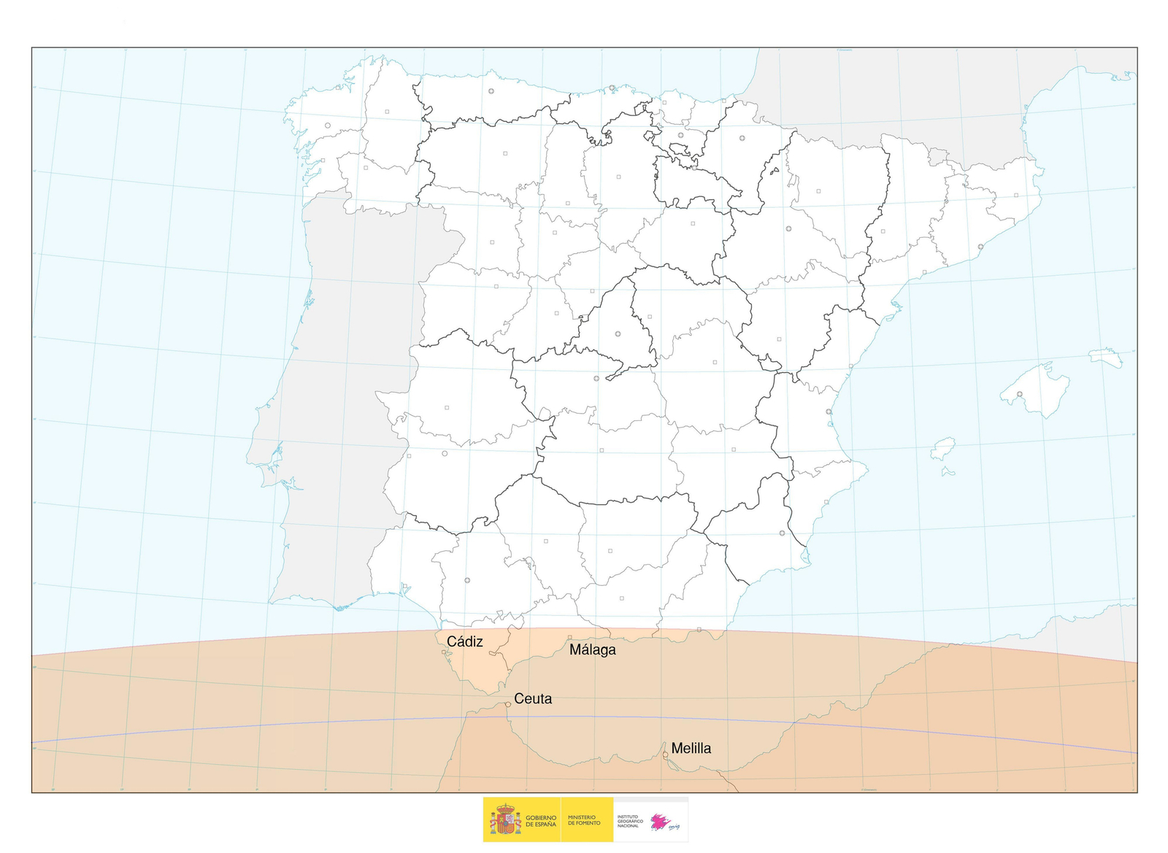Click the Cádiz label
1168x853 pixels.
[x=464, y=642]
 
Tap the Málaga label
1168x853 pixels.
[x=592, y=650]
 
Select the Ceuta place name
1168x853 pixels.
[x=533, y=699]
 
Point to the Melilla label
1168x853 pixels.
[x=691, y=749]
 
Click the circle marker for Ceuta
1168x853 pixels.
[x=508, y=705]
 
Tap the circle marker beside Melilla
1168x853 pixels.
[x=665, y=755]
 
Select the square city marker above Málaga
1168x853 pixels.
[x=570, y=638]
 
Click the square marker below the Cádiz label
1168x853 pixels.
[x=444, y=652]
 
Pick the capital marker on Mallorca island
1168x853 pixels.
[x=1020, y=395]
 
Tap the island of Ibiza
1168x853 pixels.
[x=943, y=449]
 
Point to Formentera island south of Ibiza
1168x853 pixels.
[x=948, y=472]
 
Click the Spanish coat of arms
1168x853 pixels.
[x=504, y=820]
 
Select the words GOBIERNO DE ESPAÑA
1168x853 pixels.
[x=541, y=821]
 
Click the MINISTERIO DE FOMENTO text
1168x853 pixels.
[x=584, y=821]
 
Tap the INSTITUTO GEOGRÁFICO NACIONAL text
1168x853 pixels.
[x=630, y=821]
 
